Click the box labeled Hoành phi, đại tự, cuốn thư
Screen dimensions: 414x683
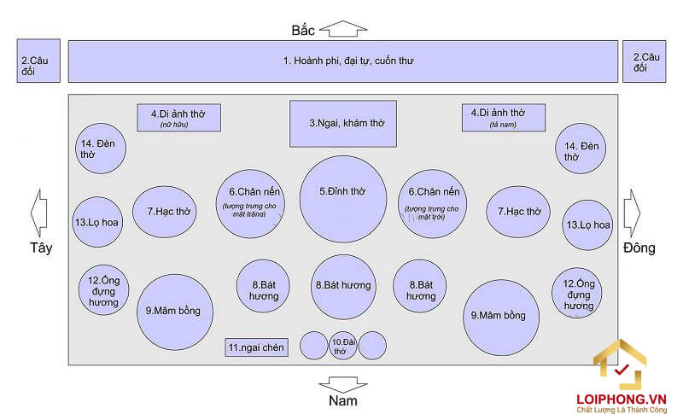coord(342,61)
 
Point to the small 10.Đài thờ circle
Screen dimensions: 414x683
coord(343,345)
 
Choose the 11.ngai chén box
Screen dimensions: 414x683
coord(257,347)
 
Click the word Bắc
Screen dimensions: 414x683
coord(303,31)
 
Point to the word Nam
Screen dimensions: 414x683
coord(343,400)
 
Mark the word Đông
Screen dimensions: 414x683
coord(639,248)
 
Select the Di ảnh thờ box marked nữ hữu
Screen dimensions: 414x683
coord(179,117)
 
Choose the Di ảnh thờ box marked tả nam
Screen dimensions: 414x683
coord(503,117)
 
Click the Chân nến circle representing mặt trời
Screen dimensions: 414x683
coord(433,203)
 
